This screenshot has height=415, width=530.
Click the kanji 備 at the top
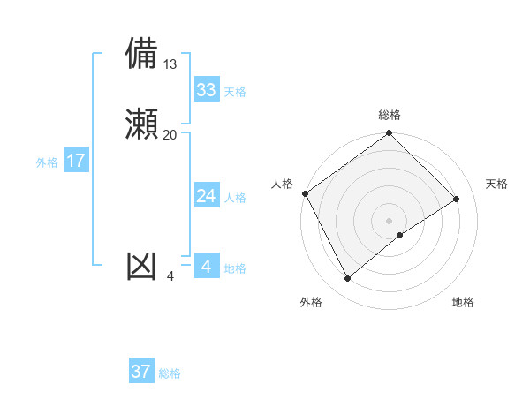(142, 54)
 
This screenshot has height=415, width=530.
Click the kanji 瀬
(142, 124)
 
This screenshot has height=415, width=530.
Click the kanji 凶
(142, 266)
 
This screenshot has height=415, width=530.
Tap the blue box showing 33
(206, 90)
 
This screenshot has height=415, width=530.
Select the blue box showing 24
(206, 196)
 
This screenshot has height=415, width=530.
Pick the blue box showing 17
(75, 161)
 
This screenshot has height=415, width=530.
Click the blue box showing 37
(141, 372)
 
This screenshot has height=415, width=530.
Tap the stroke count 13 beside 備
(170, 64)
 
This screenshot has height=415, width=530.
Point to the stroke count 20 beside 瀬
(170, 134)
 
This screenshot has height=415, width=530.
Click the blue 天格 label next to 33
(235, 92)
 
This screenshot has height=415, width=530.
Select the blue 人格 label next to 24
(235, 198)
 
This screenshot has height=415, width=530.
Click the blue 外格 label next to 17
(47, 162)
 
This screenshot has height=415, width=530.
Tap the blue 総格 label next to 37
(170, 373)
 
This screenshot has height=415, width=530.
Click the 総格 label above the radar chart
(390, 115)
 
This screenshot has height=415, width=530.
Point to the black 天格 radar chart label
(497, 184)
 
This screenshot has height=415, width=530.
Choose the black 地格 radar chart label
(463, 302)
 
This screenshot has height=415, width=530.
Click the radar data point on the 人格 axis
(306, 193)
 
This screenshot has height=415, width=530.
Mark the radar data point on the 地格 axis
(400, 235)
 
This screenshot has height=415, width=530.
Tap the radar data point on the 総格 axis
(390, 133)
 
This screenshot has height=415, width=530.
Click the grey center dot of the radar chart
(390, 220)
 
